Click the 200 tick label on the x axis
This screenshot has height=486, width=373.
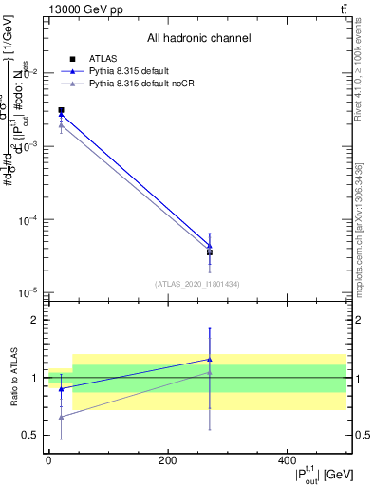coord(167,460)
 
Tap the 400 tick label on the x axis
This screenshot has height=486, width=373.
coord(287,460)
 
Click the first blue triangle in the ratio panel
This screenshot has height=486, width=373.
coord(62,388)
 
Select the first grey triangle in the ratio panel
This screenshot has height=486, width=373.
coord(62,417)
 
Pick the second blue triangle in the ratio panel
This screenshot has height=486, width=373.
coord(210,360)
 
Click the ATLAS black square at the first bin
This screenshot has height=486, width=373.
coord(61,110)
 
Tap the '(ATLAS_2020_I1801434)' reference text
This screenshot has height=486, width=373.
coord(197,283)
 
